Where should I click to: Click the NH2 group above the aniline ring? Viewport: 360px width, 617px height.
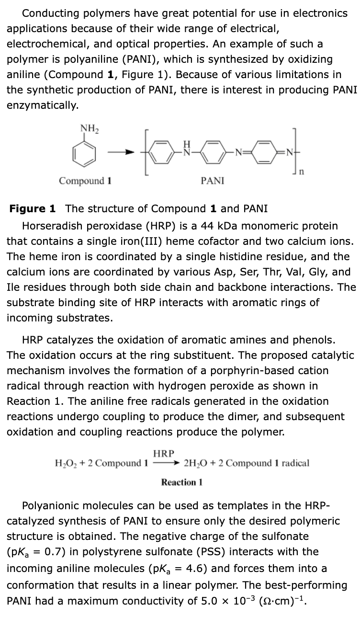click(x=87, y=128)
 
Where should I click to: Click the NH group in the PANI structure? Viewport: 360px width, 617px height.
click(x=188, y=149)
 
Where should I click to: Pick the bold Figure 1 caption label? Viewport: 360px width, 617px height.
click(x=33, y=208)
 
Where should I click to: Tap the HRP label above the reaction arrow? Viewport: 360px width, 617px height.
click(x=164, y=453)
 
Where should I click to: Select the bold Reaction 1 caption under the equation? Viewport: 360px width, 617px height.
click(x=182, y=482)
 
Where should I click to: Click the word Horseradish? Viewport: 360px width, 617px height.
click(x=52, y=226)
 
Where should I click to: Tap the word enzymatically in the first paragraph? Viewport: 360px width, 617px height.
click(x=42, y=105)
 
